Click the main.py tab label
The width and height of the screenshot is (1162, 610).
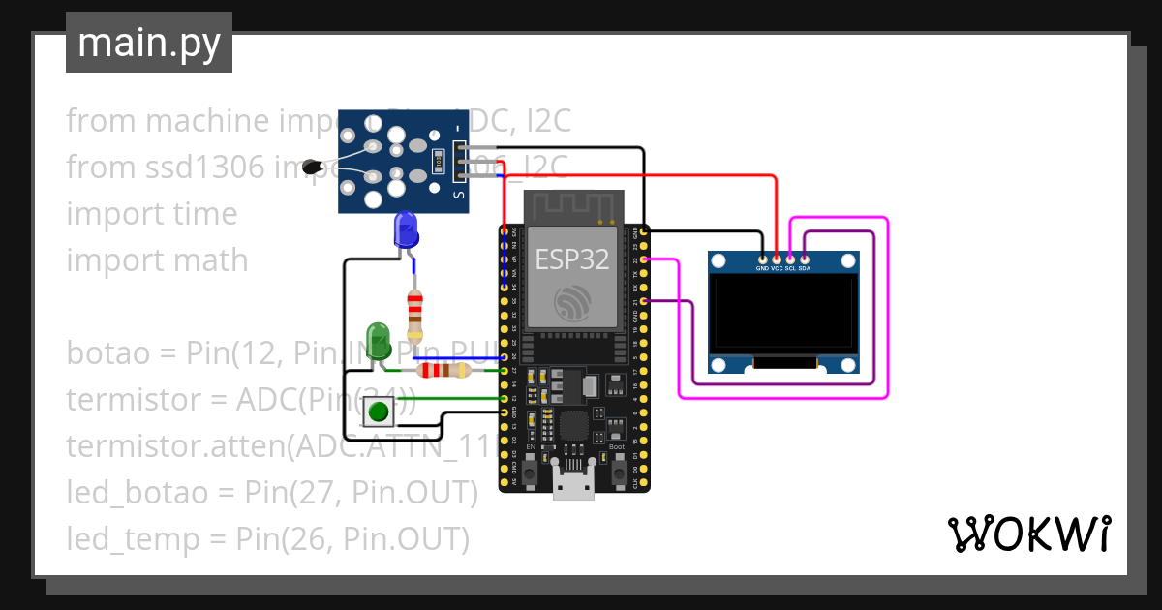tap(148, 43)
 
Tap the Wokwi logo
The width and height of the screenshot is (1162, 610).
tap(1027, 534)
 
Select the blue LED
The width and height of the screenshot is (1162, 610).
tap(406, 230)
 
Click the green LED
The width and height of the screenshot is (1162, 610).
tap(377, 339)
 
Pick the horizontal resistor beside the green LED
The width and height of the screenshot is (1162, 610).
tap(443, 370)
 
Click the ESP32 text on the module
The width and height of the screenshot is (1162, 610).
tap(570, 259)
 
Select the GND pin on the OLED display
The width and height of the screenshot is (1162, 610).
tap(762, 259)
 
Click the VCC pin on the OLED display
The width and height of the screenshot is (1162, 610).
tap(777, 259)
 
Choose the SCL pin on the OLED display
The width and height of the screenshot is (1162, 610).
tap(790, 259)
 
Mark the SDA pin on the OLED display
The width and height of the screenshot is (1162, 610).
tap(805, 259)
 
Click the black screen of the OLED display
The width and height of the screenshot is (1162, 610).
tap(783, 313)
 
